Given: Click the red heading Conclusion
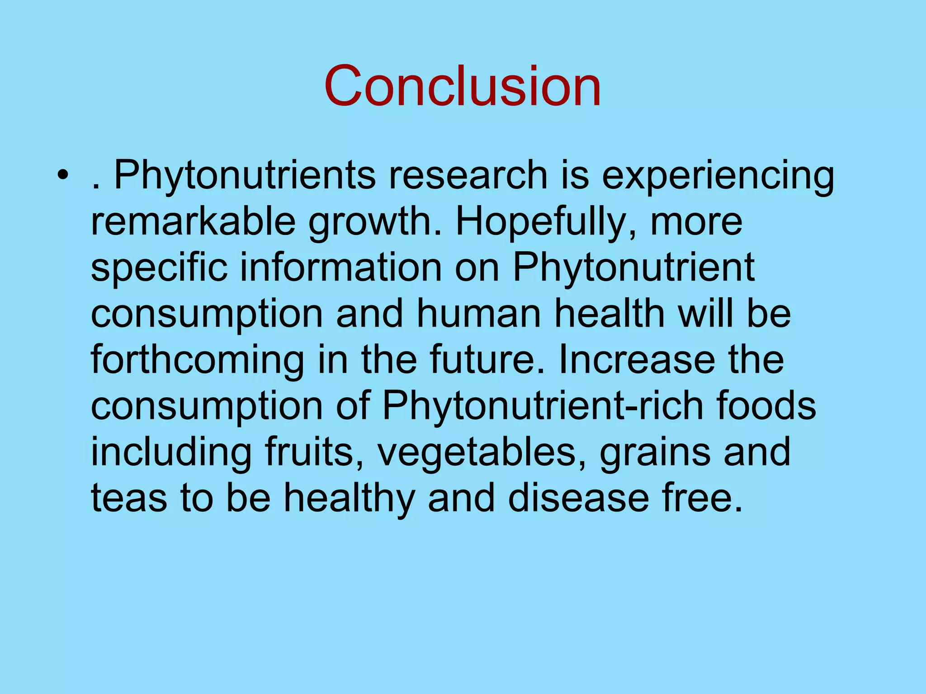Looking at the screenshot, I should tap(462, 86).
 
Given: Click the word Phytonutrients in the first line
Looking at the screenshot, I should tap(245, 176).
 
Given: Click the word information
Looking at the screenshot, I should tap(340, 268).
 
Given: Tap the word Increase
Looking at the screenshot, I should tap(637, 360).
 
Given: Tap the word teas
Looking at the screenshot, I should tap(129, 498).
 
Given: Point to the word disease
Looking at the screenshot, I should tap(579, 498).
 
